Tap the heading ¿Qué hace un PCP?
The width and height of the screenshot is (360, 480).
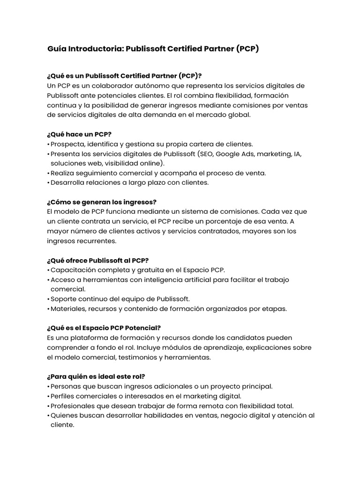click(79, 134)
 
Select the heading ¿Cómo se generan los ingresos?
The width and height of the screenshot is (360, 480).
click(102, 202)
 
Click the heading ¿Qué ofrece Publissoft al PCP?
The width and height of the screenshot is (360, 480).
click(97, 260)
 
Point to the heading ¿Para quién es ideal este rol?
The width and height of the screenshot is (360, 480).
click(96, 376)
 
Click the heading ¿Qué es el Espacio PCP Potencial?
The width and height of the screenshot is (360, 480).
click(104, 328)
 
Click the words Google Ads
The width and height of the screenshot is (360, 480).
click(236, 154)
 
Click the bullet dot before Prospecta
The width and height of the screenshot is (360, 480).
click(48, 144)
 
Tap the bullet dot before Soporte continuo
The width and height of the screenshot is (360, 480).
click(48, 299)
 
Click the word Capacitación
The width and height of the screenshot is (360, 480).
click(73, 270)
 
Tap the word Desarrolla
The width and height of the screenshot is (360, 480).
click(68, 183)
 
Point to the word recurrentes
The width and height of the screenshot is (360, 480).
click(96, 240)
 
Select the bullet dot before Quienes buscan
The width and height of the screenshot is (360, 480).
click(48, 416)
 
